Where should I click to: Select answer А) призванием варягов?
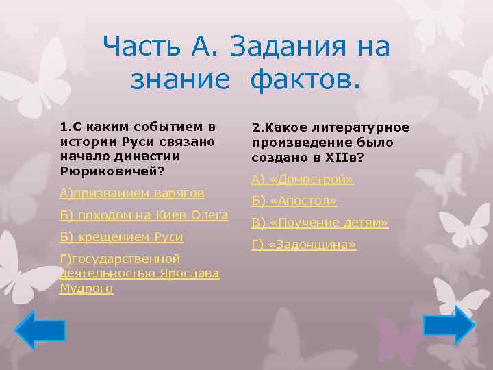coord(131,193)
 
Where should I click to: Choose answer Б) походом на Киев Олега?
coord(144,215)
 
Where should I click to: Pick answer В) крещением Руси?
coord(121,237)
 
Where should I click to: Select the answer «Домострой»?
coord(302,180)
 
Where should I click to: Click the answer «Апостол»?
coord(294,201)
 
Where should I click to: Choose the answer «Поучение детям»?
coord(320,223)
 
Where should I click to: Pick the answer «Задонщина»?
coord(304,245)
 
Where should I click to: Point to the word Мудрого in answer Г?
coord(86,288)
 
